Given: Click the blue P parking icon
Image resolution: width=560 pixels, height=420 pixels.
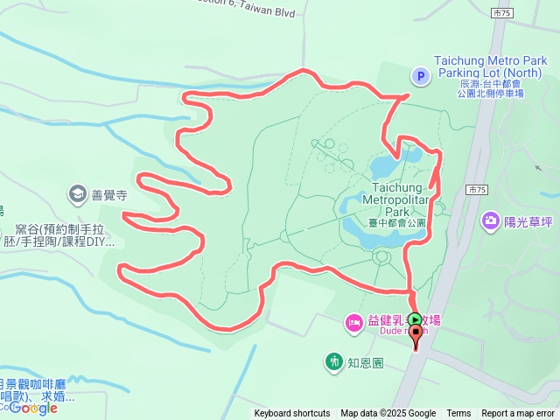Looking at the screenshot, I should (x=420, y=77).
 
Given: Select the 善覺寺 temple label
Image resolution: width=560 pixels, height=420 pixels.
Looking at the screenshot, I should (x=110, y=195).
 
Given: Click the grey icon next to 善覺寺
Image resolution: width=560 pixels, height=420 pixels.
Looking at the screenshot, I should (x=77, y=193).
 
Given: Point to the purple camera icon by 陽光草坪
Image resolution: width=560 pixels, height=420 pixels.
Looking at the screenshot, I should (x=490, y=221).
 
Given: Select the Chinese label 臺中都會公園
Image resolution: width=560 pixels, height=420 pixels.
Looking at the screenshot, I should (x=396, y=223).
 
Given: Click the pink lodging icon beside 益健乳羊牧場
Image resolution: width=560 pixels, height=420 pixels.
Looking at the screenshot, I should (x=353, y=323).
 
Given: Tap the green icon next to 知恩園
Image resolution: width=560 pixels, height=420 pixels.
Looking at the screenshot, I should (x=333, y=360).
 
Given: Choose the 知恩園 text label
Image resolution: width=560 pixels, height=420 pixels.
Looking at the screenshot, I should (x=365, y=361).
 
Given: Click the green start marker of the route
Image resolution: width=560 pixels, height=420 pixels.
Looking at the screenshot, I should (x=415, y=321).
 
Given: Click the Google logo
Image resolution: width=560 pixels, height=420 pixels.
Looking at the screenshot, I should (x=33, y=408).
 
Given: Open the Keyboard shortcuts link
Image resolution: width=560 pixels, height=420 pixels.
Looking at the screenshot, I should (x=292, y=414).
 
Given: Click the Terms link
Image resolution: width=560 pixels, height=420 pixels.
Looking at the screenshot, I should (x=458, y=414).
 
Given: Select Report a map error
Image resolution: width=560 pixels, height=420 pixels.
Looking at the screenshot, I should (x=518, y=414).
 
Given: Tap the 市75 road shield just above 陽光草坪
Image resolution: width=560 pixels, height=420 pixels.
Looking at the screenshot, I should (x=476, y=189).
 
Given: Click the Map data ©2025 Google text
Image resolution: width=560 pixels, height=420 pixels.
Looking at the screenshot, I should (x=388, y=414).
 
